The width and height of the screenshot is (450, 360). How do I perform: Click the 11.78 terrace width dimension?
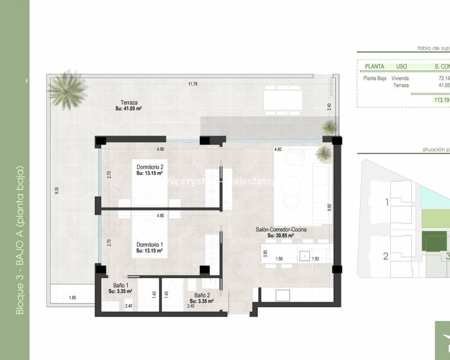pos(193,84)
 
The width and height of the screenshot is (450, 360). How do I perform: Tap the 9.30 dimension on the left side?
pos(56,191)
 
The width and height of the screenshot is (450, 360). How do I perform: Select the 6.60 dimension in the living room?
pos(329,206)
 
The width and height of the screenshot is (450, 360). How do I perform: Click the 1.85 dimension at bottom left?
pos(73,298)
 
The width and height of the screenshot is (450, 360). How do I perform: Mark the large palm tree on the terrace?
pos(67,89)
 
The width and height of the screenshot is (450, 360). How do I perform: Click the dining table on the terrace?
pos(279,101)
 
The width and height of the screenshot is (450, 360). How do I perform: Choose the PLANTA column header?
pos(374,66)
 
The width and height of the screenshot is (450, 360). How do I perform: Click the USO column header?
pos(402,66)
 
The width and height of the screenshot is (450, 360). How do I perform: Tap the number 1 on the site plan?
pos(386,202)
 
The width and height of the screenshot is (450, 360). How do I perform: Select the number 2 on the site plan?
pos(386,256)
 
